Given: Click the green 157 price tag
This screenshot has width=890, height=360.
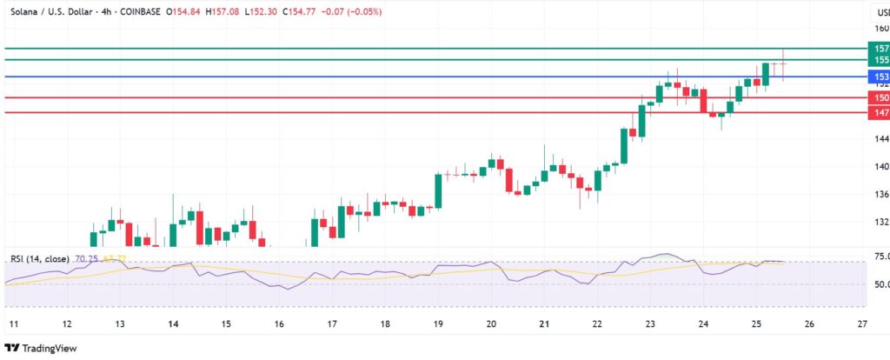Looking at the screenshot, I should click(880, 48).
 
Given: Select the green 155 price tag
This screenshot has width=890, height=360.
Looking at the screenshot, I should click(880, 60).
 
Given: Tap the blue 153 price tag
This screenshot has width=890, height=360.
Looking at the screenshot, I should click(880, 77).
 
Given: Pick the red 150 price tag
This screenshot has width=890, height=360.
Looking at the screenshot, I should click(880, 98).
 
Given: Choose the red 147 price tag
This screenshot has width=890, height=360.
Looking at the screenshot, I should click(880, 113).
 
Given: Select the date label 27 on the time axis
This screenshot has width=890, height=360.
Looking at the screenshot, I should click(860, 323).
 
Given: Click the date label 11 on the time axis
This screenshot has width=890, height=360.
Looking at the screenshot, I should click(14, 323).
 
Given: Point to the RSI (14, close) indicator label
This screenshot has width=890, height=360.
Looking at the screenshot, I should click(41, 259).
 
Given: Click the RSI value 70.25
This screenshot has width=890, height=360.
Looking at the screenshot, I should click(87, 259).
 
